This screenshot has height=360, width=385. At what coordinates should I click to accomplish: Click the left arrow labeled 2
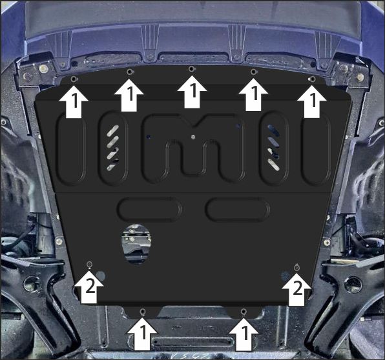point(88,286)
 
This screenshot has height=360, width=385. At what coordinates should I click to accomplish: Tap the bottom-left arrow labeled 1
point(142,334)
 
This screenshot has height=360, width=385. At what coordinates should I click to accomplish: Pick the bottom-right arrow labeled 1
point(244,334)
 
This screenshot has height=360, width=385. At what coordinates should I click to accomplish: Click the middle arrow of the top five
point(192,92)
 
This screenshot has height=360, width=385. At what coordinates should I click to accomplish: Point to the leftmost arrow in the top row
point(74,101)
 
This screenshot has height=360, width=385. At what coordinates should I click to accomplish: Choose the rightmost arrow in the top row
point(312,101)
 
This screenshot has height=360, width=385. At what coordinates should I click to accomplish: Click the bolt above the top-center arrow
point(192,69)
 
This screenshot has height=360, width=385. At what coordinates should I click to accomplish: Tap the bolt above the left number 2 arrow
point(89,264)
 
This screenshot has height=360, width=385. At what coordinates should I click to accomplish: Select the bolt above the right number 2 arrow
point(297,268)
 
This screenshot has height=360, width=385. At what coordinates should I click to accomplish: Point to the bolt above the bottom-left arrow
point(142,312)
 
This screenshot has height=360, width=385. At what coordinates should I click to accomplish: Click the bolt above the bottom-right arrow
point(243,312)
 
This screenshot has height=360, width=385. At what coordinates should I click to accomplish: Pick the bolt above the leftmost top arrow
point(74,79)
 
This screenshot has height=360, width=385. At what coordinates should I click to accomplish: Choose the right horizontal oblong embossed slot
point(238,210)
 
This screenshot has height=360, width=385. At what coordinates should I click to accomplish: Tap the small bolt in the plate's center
point(193,137)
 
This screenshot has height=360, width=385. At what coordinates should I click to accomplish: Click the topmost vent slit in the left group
point(112,130)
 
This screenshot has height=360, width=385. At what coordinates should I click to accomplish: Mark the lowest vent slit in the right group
point(273,165)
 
